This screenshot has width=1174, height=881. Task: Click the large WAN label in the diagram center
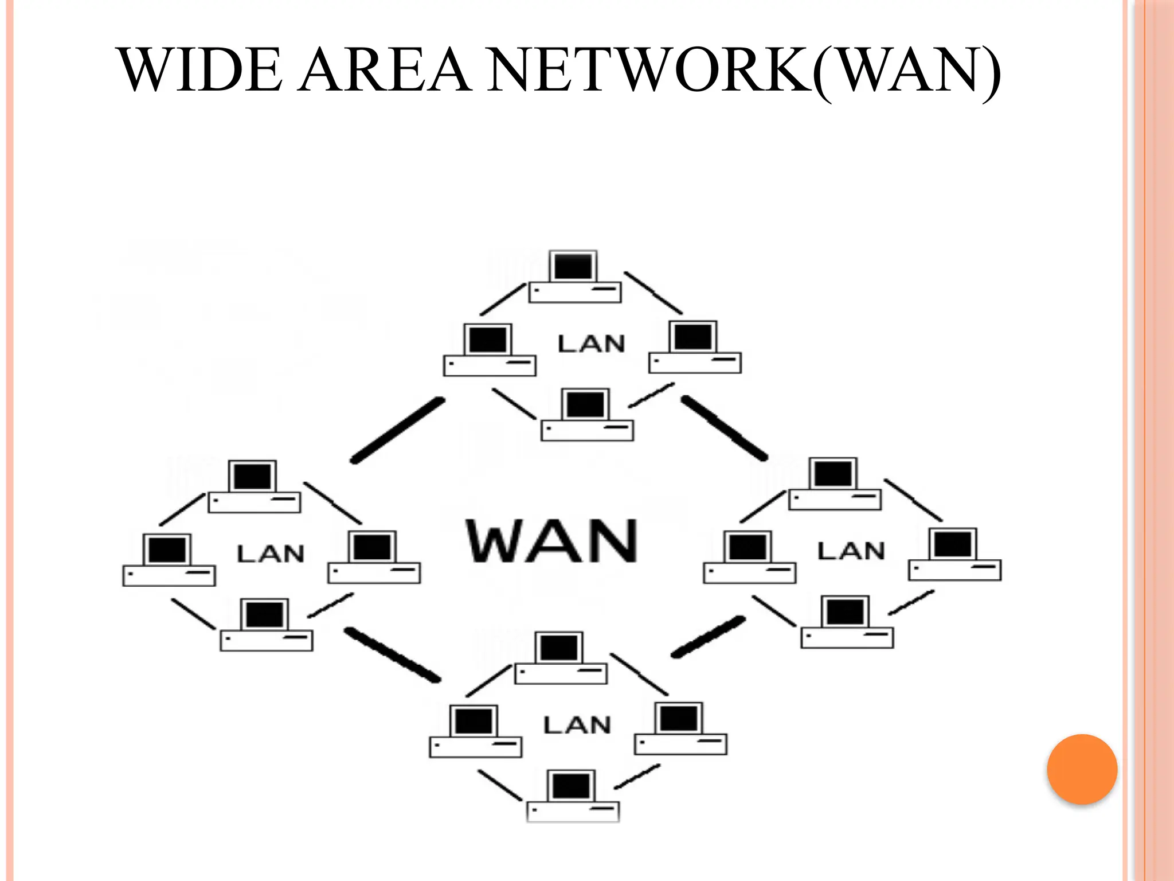point(551,540)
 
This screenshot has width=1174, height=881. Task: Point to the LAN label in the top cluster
point(591,344)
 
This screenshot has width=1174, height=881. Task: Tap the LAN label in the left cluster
point(270,554)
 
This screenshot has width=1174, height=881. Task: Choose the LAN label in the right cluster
point(851,551)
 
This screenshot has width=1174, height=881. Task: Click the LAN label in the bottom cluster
point(577,725)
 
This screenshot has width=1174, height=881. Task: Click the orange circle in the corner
point(1082,769)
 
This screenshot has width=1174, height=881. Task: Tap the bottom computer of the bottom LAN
point(573,797)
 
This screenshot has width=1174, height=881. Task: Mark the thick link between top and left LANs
point(397,431)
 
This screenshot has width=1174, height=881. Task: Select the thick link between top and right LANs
point(724,428)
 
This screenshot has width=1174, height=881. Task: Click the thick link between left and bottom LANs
point(392,655)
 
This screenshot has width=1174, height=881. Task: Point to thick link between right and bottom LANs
point(709,637)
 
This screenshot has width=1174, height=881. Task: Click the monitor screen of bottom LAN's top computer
point(559,648)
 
